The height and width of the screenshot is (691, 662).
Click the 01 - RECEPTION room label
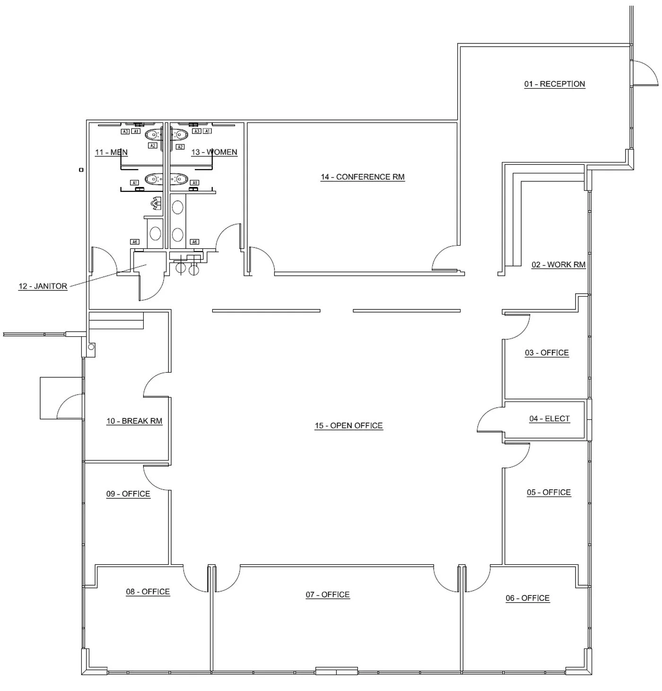pos(554,84)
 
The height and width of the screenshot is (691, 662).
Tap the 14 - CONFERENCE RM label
pos(363,177)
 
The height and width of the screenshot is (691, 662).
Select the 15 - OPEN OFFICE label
pos(348,426)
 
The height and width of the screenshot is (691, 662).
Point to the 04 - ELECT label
pos(549,418)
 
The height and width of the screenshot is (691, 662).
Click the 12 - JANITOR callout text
pos(43,286)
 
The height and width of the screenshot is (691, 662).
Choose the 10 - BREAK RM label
pos(134,421)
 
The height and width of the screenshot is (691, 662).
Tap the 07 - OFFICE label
pos(328,595)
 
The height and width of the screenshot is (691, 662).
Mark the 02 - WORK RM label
pos(558,264)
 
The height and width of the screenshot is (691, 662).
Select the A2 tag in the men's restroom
pos(152,146)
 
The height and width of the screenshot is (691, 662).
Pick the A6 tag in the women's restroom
pos(194,242)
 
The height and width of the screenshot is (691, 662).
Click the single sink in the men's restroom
pos(155,233)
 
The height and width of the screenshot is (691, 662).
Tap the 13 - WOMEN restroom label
pos(214,152)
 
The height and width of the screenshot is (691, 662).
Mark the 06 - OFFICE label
pos(527,598)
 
